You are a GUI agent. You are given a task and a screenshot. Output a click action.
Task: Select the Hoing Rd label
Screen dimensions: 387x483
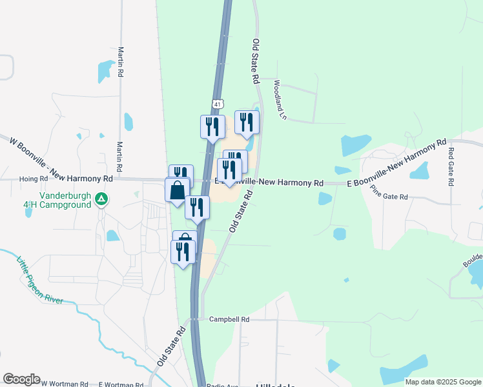[34, 179]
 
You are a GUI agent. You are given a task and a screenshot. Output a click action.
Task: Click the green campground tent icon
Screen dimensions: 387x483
[101, 200]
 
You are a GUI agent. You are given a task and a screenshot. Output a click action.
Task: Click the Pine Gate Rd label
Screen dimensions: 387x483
[389, 192]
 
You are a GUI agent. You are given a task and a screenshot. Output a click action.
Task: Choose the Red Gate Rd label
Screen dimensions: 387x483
[451, 166]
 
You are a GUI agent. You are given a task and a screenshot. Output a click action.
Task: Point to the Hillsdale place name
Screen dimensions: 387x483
[276, 385]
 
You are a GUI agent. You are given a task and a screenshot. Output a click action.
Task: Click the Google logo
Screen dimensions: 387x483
[21, 379]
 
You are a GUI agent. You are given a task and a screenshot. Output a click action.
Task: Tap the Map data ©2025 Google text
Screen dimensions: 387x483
[442, 382]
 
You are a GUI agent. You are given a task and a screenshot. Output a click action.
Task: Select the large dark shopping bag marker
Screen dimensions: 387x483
[177, 192]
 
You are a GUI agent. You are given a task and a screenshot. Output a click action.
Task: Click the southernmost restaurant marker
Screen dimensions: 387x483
[183, 252]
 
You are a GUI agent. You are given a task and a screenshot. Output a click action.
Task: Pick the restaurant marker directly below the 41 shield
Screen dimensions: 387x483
[213, 126]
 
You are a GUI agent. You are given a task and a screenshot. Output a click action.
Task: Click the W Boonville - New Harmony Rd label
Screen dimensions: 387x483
[57, 158]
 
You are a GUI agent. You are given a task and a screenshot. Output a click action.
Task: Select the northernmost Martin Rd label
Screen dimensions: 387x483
[121, 60]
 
